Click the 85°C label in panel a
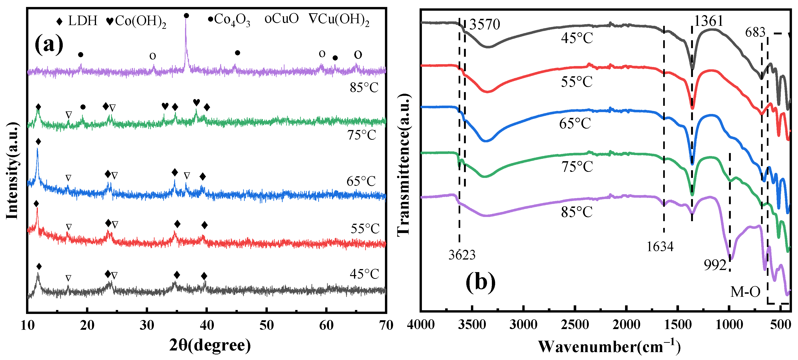[x=364, y=88]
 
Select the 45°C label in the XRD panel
[x=364, y=274]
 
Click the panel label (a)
[x=49, y=44]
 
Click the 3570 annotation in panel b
[x=484, y=24]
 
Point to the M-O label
[x=745, y=292]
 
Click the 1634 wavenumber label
[x=660, y=247]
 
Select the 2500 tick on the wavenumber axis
[x=575, y=325]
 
